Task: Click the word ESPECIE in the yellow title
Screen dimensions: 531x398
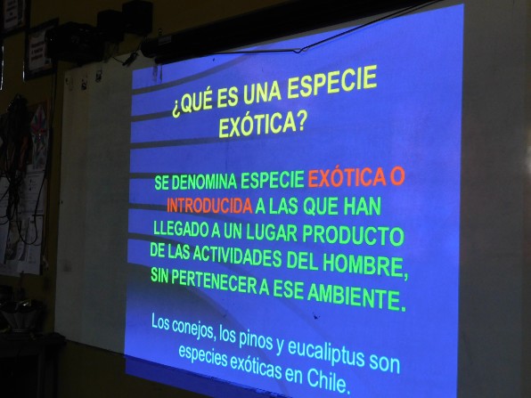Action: coord(332,83)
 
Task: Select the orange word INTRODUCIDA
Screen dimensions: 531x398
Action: coord(209,205)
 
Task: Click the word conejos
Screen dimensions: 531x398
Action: coord(192,329)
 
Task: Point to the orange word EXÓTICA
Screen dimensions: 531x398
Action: coord(347,179)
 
